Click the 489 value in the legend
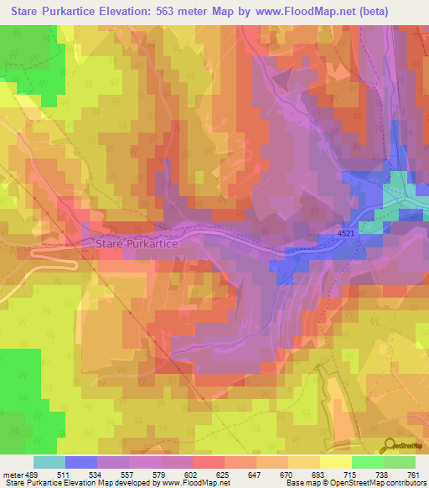32,474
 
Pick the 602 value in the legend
192,474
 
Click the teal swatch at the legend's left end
49,462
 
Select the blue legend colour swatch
80,462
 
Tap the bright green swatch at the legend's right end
400,462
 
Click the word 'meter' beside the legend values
13,474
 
